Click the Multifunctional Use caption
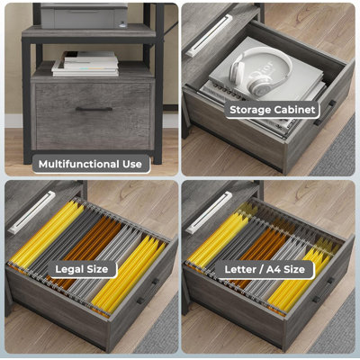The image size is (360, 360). pyautogui.click(x=89, y=164)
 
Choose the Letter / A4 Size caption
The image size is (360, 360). pyautogui.click(x=265, y=268)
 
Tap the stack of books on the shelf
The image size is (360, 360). pyautogui.click(x=85, y=63)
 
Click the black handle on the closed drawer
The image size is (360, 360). pyautogui.click(x=94, y=109)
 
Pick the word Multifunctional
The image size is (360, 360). pyautogui.click(x=78, y=164)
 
